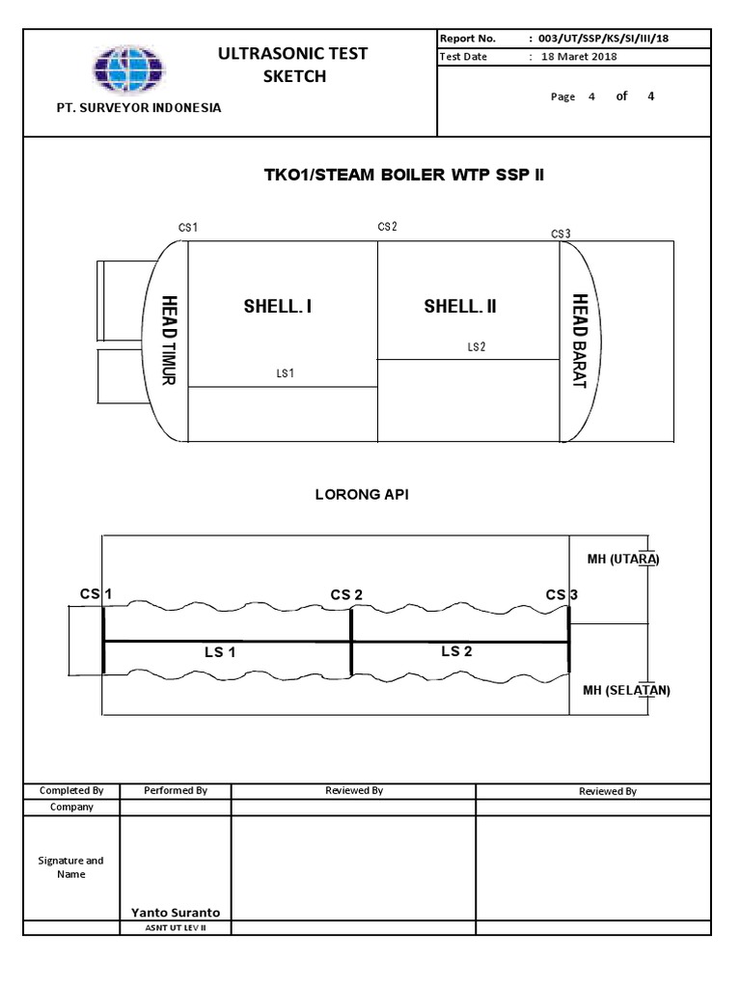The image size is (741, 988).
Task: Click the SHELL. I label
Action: pos(278,307)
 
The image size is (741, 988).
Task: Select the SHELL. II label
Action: pos(460,307)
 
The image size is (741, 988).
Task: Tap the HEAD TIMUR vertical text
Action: pos(169,340)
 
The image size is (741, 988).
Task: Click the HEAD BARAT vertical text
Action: pos(579,341)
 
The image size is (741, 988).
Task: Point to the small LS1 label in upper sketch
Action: pos(285,373)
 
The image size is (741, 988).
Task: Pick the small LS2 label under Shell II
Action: pos(476,347)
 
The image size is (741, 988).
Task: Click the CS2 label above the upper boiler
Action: pos(387,227)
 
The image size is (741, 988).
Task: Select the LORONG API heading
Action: pos(362,494)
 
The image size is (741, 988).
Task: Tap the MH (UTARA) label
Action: pos(622,559)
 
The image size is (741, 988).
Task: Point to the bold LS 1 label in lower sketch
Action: pos(220,652)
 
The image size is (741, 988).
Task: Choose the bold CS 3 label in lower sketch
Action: pos(561,594)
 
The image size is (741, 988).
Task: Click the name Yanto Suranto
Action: pos(176,912)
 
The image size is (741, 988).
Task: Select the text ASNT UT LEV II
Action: pos(175,928)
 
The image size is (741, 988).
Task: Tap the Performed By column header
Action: pos(175,790)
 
